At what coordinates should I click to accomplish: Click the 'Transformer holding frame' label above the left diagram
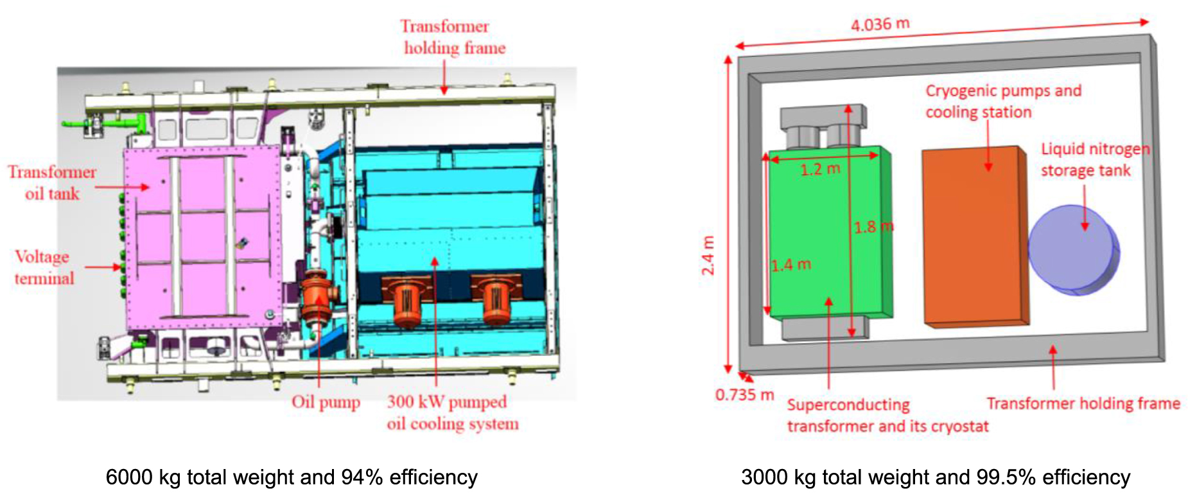point(453,37)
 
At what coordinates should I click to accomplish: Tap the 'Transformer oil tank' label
point(52,182)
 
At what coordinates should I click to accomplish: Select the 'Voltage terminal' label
point(44,267)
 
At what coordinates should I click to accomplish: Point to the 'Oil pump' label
point(326,402)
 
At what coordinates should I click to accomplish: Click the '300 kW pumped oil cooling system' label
point(452,412)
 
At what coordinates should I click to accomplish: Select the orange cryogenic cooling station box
point(973,238)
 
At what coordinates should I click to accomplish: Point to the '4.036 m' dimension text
point(880,25)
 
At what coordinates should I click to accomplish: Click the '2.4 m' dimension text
point(708,256)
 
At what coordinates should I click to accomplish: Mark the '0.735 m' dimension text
point(744,394)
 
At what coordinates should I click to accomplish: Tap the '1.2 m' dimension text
point(819,170)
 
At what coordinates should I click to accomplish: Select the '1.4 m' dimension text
point(791,265)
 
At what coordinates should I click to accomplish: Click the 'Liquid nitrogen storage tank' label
point(1094,159)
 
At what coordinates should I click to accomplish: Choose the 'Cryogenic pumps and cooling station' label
point(1003,101)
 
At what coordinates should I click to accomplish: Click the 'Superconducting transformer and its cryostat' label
point(887,415)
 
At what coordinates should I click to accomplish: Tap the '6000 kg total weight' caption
point(292,477)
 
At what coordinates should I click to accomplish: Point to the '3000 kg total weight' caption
point(936,477)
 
